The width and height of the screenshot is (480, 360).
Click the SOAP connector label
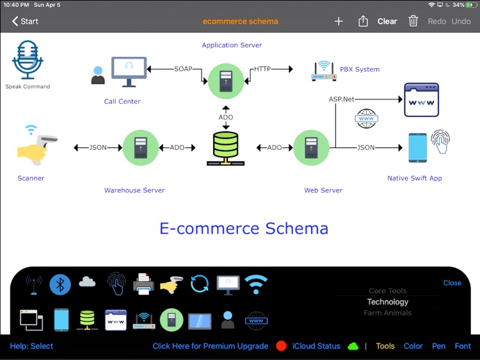[x=183, y=69]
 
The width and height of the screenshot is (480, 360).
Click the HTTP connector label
[x=262, y=69]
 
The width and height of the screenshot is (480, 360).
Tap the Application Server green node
[x=226, y=81]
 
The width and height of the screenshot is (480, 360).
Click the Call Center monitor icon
[x=129, y=72]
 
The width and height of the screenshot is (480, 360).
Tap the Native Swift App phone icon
[x=417, y=147]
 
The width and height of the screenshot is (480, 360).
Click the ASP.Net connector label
[x=342, y=99]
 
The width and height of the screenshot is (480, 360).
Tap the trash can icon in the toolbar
[x=413, y=21]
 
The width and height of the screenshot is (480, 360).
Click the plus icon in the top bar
[x=339, y=21]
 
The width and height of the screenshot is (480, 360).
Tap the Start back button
[x=25, y=21]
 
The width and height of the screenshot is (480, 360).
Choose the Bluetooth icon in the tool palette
[x=60, y=284]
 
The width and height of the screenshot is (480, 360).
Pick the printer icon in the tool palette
[x=143, y=283]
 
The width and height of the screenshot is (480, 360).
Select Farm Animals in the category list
[x=387, y=313]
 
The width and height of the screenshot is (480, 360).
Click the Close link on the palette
[x=452, y=283]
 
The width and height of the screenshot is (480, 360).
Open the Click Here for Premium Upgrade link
[x=210, y=346]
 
